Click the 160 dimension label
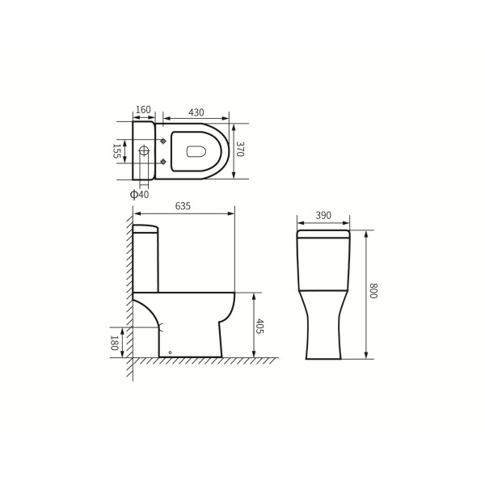point(143,109)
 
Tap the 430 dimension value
point(196,112)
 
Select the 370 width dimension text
point(240,149)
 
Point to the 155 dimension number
point(116,151)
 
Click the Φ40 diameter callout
point(140,195)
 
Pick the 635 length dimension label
point(183,206)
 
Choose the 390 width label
point(323,215)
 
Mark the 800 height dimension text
point(373,291)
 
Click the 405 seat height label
point(259,327)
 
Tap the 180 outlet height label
point(114,343)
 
